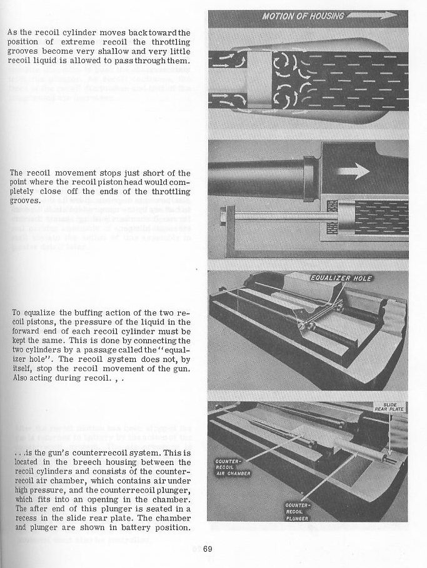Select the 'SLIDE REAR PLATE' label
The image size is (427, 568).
tap(389, 407)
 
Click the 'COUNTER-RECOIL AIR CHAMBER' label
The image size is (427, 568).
tap(233, 466)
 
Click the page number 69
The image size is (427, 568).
tap(208, 550)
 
